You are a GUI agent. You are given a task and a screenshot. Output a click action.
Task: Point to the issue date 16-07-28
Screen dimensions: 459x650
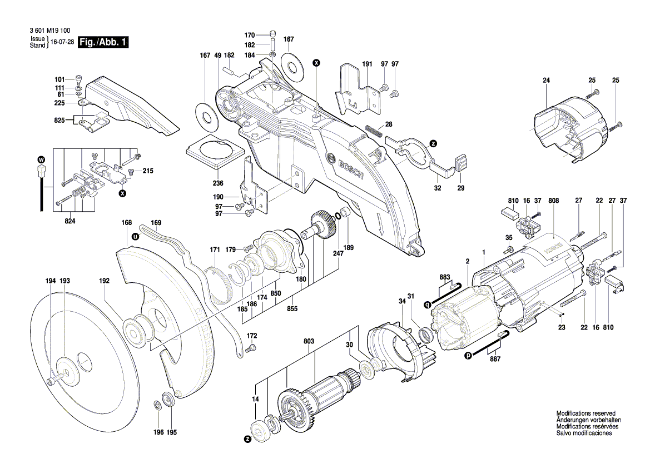pyautogui.click(x=62, y=43)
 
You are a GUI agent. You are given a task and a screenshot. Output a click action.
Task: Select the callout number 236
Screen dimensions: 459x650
pyautogui.click(x=217, y=183)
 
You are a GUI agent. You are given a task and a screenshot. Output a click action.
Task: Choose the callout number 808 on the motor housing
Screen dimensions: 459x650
pyautogui.click(x=553, y=200)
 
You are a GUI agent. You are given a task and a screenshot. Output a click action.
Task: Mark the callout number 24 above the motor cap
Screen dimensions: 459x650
pyautogui.click(x=546, y=81)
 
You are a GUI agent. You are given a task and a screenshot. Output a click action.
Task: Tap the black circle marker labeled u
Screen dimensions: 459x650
pyautogui.click(x=134, y=236)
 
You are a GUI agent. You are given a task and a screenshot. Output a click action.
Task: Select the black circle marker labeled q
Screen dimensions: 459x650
pyautogui.click(x=427, y=304)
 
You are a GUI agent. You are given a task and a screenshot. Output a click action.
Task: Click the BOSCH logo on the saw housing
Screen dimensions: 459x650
pyautogui.click(x=344, y=167)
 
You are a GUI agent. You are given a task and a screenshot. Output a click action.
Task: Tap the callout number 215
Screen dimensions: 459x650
pyautogui.click(x=148, y=171)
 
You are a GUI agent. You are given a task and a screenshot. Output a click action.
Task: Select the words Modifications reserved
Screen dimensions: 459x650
pyautogui.click(x=586, y=413)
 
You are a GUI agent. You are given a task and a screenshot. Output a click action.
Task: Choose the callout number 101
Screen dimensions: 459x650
pyautogui.click(x=59, y=79)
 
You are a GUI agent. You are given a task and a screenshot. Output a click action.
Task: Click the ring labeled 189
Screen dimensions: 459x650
pyautogui.click(x=344, y=213)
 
